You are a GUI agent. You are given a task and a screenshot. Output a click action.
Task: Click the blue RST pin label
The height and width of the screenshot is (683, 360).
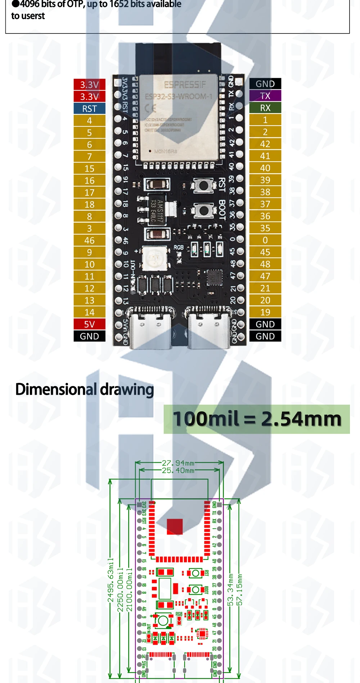coord(89,109)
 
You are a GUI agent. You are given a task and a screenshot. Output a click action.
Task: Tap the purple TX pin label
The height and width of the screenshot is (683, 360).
coord(265,96)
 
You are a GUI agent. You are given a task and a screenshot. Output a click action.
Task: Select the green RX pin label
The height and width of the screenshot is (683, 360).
coord(265,108)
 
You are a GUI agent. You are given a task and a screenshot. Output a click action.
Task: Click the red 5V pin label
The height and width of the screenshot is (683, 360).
coord(89,324)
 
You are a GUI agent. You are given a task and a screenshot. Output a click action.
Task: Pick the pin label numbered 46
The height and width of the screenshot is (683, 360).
coord(89,240)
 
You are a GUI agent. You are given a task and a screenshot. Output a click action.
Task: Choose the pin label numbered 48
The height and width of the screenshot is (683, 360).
coord(265,264)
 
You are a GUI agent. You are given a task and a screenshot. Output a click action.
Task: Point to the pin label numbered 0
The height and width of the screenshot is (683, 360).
coord(265,240)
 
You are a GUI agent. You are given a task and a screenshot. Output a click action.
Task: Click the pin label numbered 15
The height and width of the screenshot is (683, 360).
coord(89,168)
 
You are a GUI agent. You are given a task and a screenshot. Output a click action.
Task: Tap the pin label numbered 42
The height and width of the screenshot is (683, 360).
coord(265,144)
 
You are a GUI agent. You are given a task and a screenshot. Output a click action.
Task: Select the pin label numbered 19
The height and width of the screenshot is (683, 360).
coord(265,312)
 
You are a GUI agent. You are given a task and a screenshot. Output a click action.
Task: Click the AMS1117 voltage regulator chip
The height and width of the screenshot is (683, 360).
coord(158,211)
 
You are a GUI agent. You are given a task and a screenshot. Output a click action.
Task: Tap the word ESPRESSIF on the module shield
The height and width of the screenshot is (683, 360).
coord(185,85)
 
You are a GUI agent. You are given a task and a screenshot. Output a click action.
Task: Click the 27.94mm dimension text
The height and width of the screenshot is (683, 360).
coord(178,463)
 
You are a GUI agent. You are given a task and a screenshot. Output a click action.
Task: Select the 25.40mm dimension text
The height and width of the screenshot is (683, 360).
coord(178,470)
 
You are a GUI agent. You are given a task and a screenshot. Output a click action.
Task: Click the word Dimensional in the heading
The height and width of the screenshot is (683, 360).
coord(56,389)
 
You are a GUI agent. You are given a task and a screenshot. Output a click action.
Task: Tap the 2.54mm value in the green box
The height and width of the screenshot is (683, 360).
coord(301,419)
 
